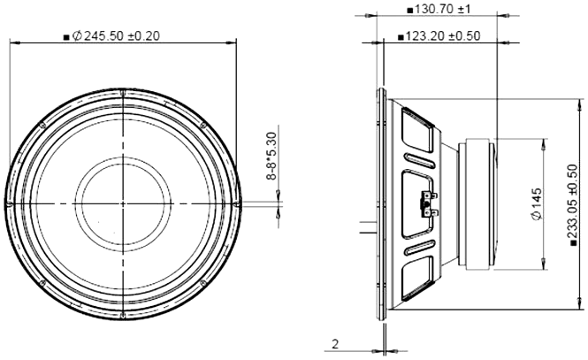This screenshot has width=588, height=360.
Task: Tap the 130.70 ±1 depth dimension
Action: point(444,9)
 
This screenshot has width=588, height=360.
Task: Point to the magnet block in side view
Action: point(477,203)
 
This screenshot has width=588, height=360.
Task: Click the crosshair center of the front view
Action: point(123,203)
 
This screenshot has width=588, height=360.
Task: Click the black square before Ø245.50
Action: point(66,37)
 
